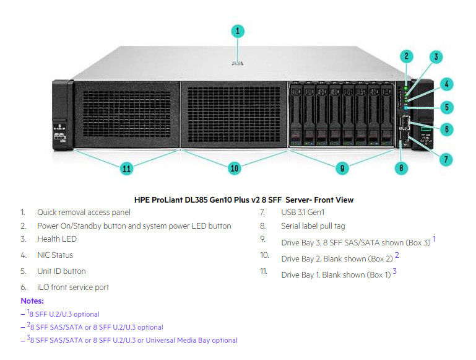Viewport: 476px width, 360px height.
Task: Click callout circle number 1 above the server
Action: [238, 32]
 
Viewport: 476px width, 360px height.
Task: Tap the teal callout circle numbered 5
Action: [447, 107]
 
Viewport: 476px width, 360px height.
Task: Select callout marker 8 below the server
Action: [401, 168]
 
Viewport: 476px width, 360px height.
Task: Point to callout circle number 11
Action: [127, 169]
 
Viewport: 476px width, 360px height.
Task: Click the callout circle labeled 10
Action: [235, 168]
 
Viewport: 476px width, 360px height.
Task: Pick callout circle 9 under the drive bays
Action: [342, 168]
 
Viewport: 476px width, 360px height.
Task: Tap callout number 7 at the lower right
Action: [446, 159]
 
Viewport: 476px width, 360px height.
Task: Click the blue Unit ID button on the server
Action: [406, 108]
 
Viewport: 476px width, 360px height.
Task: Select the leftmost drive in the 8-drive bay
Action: [296, 115]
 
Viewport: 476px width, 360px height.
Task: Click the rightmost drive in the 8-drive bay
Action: [387, 115]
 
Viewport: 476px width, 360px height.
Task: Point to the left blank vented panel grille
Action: [127, 114]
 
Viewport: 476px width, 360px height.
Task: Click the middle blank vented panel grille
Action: [234, 114]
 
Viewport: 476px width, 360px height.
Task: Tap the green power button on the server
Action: [406, 88]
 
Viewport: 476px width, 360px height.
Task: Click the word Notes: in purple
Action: [32, 301]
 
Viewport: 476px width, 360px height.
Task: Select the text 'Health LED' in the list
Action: [57, 239]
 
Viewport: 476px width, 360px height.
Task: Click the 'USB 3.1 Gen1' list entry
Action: [303, 212]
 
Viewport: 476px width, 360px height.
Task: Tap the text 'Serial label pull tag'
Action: [313, 226]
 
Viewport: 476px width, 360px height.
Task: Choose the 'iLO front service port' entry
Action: [73, 287]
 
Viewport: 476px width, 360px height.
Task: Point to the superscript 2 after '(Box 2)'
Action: [397, 255]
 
